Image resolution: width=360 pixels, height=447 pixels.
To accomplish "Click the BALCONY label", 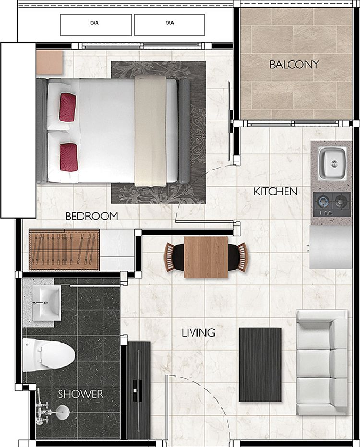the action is coord(294,64).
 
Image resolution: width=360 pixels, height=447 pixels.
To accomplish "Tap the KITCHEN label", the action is coord(276,192).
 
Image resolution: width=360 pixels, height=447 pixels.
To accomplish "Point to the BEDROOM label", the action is coord(92,216).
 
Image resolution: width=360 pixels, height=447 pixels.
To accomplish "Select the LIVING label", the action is coord(198,333).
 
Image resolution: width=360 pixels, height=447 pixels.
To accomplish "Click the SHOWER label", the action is coord(80,394).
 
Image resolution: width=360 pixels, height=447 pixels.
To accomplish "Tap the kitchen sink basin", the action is coord(332,163).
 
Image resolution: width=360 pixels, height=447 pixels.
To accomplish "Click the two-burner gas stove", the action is coord(332,204).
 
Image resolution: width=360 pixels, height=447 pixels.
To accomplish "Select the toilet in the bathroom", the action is coord(48,355).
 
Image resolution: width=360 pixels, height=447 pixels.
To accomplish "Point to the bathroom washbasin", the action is coord(47,303).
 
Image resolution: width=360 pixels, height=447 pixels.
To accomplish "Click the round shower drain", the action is coord(62,412).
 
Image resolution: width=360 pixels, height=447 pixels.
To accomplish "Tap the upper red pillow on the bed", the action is coord(68,107).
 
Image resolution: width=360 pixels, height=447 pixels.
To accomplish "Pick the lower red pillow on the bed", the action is coord(69,157).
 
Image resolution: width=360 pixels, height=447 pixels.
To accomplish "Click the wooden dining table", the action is coord(206,257).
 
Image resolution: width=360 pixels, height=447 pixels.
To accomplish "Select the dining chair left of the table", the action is coord(174,257).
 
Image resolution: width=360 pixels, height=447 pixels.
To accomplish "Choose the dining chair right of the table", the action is coord(238,257).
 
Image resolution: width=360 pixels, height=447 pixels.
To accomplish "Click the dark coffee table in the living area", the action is coord(260,365).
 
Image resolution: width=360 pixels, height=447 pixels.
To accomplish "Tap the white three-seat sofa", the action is coord(322,362).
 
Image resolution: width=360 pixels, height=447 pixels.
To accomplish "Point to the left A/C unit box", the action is coord(96,25).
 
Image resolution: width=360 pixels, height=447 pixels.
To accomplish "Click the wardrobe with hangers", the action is coord(64,250).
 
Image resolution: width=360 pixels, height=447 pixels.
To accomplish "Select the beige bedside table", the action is coord(50,62).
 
